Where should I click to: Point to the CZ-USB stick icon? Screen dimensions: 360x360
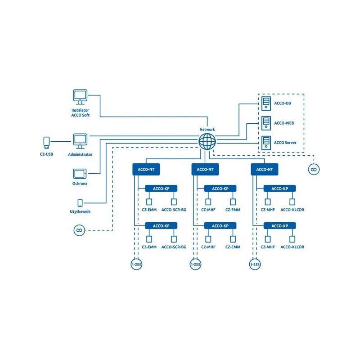(45, 142)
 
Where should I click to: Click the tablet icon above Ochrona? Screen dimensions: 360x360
(80, 173)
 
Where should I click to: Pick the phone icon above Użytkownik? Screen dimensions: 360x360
(80, 203)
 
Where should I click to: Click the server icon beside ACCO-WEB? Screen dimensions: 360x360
(266, 122)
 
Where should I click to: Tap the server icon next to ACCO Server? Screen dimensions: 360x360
(266, 142)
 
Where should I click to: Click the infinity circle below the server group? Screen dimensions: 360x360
(312, 169)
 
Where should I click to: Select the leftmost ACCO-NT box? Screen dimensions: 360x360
(147, 169)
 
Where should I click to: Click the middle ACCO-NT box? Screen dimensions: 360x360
(206, 169)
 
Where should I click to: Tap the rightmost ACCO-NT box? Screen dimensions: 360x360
(265, 169)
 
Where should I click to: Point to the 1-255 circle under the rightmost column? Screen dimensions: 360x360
(254, 265)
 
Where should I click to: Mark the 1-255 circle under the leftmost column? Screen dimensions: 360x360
(136, 265)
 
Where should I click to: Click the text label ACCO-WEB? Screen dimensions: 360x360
(284, 122)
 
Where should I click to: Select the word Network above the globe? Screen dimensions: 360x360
(207, 130)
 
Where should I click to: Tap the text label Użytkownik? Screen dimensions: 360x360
(80, 211)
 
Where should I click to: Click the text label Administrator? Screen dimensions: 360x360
(80, 154)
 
